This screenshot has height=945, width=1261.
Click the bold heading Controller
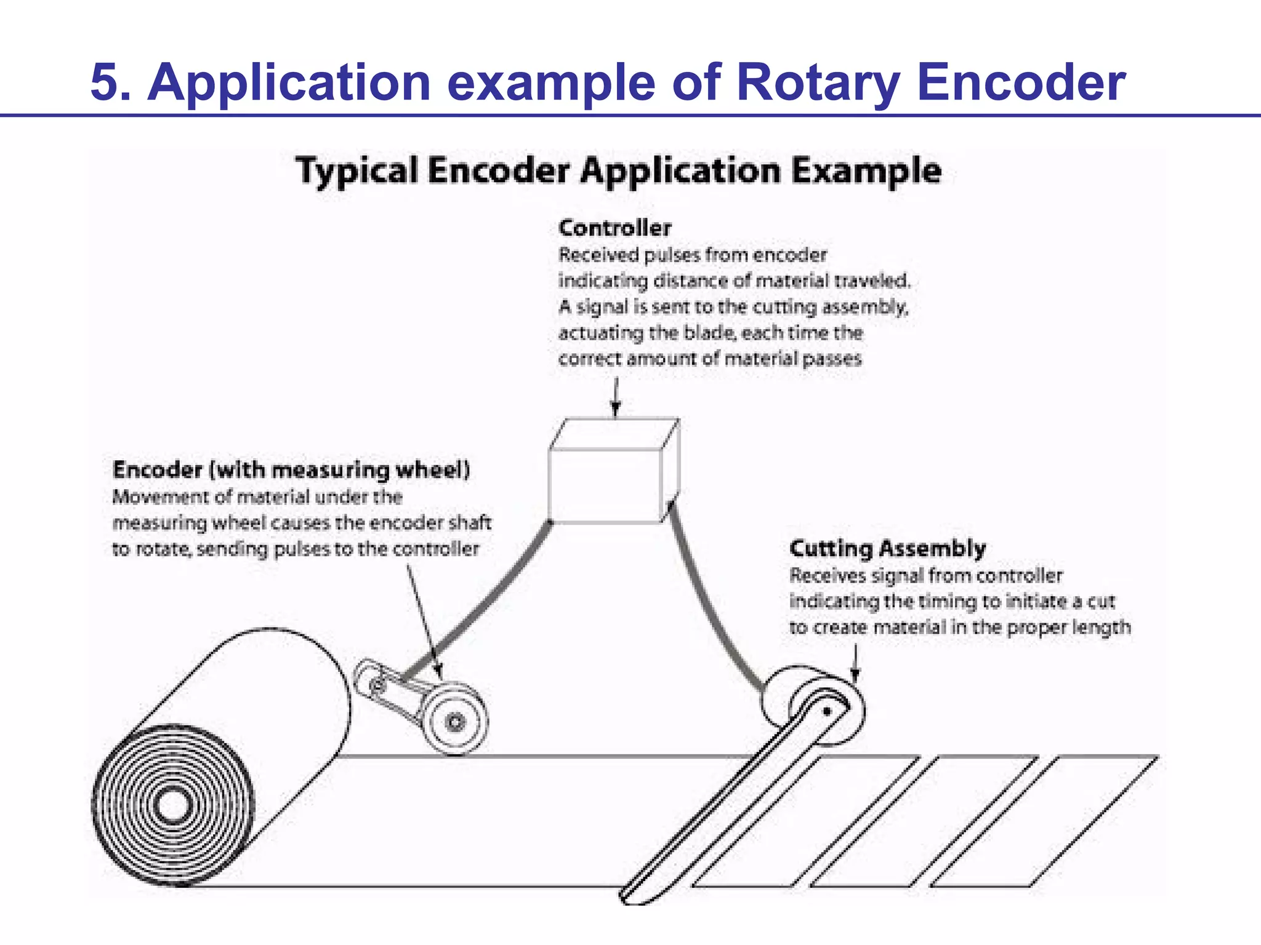pyautogui.click(x=614, y=228)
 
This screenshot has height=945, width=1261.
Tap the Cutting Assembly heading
pyautogui.click(x=887, y=548)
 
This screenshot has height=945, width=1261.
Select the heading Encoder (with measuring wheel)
pyautogui.click(x=291, y=470)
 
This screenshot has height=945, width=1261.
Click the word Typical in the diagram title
pyautogui.click(x=357, y=170)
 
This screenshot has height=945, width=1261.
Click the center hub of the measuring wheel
pyautogui.click(x=455, y=721)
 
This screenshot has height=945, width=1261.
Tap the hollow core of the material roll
pyautogui.click(x=172, y=805)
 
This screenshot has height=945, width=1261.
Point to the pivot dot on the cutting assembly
pyautogui.click(x=828, y=712)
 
